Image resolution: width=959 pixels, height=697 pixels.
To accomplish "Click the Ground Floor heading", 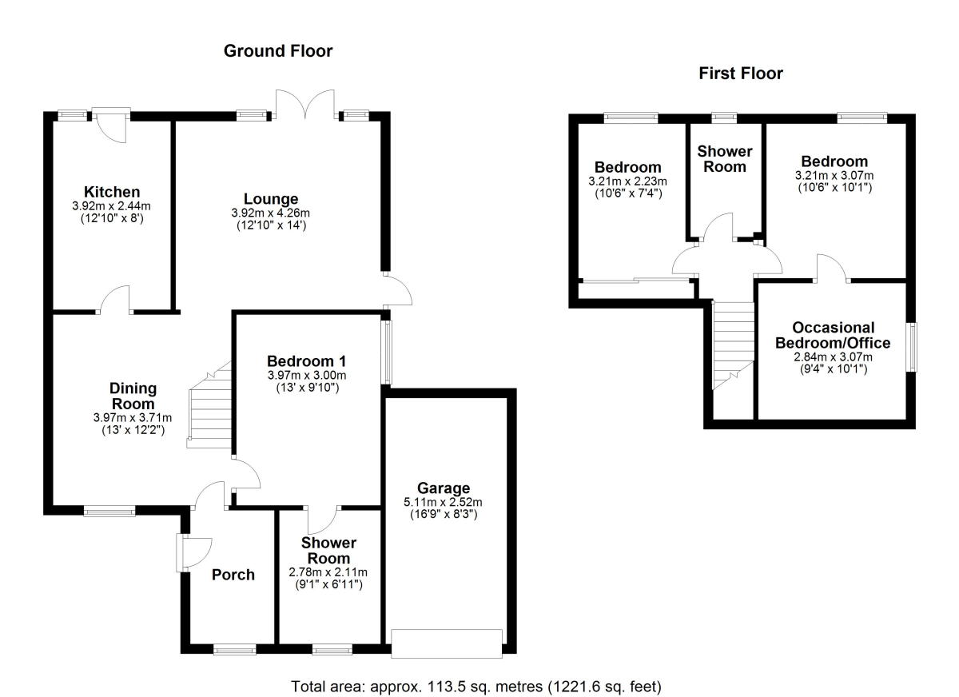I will pyautogui.click(x=277, y=51).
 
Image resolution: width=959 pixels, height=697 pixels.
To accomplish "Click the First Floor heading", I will pyautogui.click(x=740, y=74).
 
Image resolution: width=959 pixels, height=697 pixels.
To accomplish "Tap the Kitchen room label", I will pyautogui.click(x=112, y=192).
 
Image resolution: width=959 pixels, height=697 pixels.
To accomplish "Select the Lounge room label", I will pyautogui.click(x=271, y=199).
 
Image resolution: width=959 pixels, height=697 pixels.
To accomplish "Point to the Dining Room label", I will pyautogui.click(x=132, y=396).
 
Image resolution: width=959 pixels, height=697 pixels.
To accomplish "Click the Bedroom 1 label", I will pyautogui.click(x=308, y=359).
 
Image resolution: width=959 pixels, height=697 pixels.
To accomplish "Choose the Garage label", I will pyautogui.click(x=443, y=488).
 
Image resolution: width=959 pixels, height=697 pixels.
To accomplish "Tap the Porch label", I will pyautogui.click(x=233, y=575).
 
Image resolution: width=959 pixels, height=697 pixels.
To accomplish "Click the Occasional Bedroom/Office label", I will pyautogui.click(x=833, y=335).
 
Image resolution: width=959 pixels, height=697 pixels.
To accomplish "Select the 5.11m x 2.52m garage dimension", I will pyautogui.click(x=443, y=502).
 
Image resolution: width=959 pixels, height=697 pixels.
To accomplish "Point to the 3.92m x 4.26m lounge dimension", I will pyautogui.click(x=271, y=213).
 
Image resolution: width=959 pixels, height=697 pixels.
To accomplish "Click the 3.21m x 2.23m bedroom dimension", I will pyautogui.click(x=627, y=181).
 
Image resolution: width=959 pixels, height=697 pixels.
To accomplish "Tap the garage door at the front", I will pyautogui.click(x=447, y=643).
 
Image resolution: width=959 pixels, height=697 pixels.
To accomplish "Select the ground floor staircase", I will pyautogui.click(x=210, y=408).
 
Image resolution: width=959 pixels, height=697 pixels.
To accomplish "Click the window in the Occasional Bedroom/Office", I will pyautogui.click(x=910, y=346).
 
